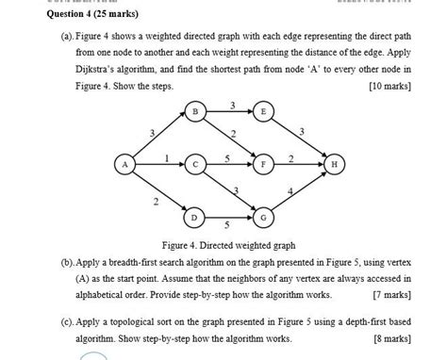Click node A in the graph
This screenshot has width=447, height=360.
(122, 164)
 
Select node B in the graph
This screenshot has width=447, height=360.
(195, 111)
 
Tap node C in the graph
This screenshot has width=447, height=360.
(195, 164)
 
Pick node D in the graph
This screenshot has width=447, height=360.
(195, 218)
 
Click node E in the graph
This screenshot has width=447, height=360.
(263, 111)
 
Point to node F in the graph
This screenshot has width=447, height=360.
(263, 164)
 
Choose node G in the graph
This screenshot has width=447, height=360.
(263, 218)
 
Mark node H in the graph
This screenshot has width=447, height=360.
(334, 164)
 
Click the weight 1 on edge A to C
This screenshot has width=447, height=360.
(166, 157)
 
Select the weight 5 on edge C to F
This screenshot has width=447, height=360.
(229, 157)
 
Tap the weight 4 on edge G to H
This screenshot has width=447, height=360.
(302, 192)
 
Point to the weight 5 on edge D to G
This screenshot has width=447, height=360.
(227, 226)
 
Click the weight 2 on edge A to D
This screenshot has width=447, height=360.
(155, 201)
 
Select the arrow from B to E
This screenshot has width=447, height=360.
(229, 111)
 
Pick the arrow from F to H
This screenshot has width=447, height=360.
(298, 164)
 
